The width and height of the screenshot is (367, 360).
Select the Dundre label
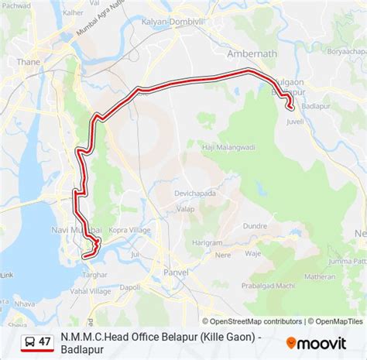pyautogui.click(x=255, y=226)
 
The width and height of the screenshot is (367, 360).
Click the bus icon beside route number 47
pyautogui.click(x=29, y=341)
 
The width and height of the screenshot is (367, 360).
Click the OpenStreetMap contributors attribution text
pyautogui.click(x=256, y=321)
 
